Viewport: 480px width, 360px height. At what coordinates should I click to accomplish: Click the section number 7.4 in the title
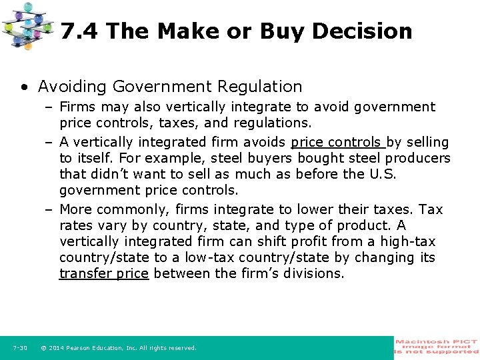click(80, 31)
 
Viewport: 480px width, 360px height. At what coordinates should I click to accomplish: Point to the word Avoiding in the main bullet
click(71, 87)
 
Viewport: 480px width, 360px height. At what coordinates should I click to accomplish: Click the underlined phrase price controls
click(337, 142)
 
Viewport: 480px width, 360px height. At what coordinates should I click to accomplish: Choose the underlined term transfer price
click(104, 273)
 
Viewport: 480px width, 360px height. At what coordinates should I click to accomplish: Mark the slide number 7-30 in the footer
click(20, 348)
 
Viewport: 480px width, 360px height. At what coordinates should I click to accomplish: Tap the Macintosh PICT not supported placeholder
click(437, 347)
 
